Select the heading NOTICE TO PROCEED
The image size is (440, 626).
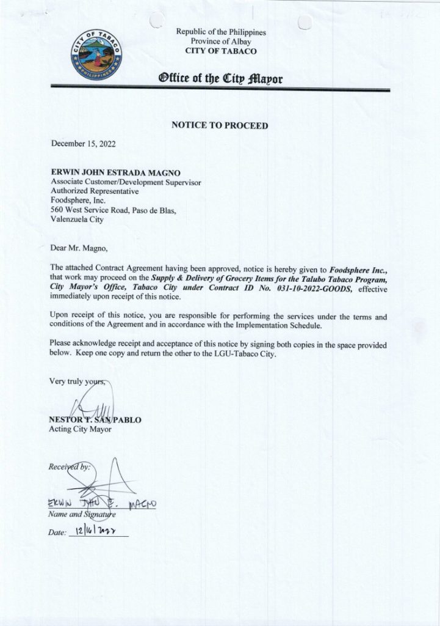(x=220, y=125)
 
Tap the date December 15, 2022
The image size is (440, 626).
(x=82, y=144)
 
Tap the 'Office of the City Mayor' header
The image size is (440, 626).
(x=220, y=79)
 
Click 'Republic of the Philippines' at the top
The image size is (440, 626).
(x=221, y=31)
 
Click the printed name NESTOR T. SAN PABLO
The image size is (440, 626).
(x=95, y=420)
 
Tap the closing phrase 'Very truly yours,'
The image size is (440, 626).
(x=79, y=381)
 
